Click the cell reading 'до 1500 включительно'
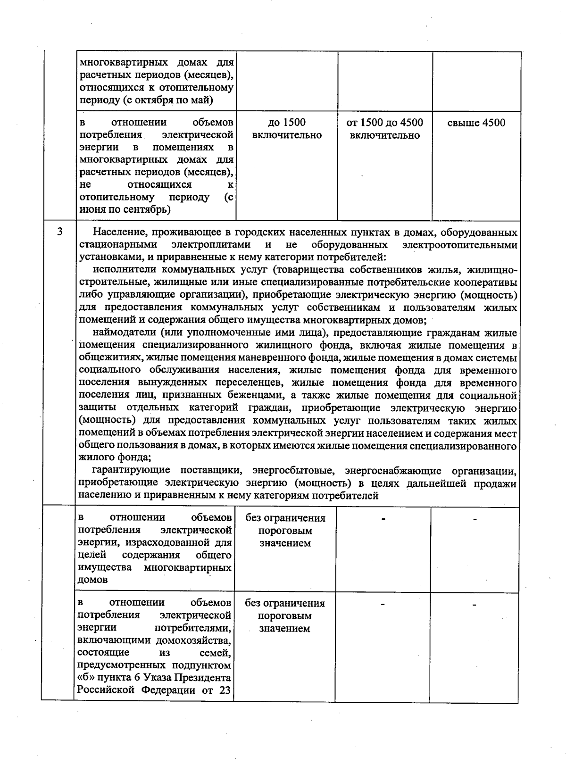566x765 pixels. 287,129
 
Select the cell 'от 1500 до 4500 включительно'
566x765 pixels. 384,129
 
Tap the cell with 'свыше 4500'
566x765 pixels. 476,123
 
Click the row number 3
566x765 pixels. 59,232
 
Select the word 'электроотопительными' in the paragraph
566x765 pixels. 459,245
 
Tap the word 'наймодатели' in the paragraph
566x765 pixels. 123,333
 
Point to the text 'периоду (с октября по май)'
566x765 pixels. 146,100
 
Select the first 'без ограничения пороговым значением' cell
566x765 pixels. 285,531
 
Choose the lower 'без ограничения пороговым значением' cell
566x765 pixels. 285,616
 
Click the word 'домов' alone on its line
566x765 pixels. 92,580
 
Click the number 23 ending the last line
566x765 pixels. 225,690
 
